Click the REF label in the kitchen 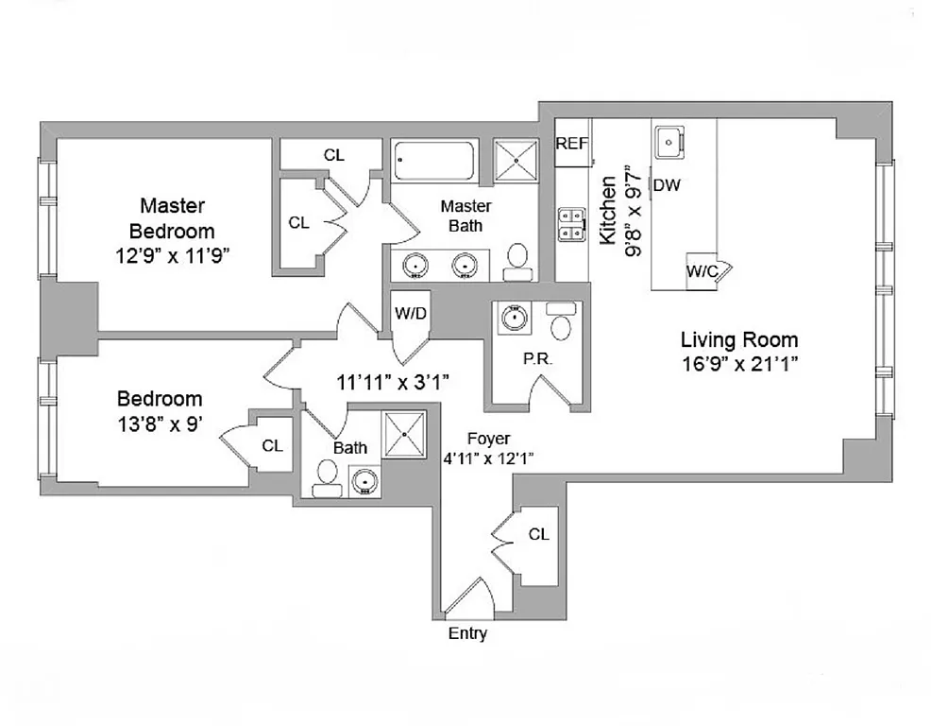pyautogui.click(x=571, y=144)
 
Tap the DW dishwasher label pyautogui.click(x=667, y=185)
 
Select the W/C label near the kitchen pyautogui.click(x=702, y=271)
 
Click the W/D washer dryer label pyautogui.click(x=410, y=313)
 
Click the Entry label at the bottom pyautogui.click(x=467, y=633)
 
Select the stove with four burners pyautogui.click(x=570, y=223)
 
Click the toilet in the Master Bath pyautogui.click(x=517, y=261)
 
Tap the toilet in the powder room pyautogui.click(x=561, y=323)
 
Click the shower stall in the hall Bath pyautogui.click(x=406, y=433)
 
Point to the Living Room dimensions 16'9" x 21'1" pyautogui.click(x=739, y=364)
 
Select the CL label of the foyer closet pyautogui.click(x=538, y=534)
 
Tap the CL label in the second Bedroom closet pyautogui.click(x=272, y=445)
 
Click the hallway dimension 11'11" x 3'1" pyautogui.click(x=392, y=382)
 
